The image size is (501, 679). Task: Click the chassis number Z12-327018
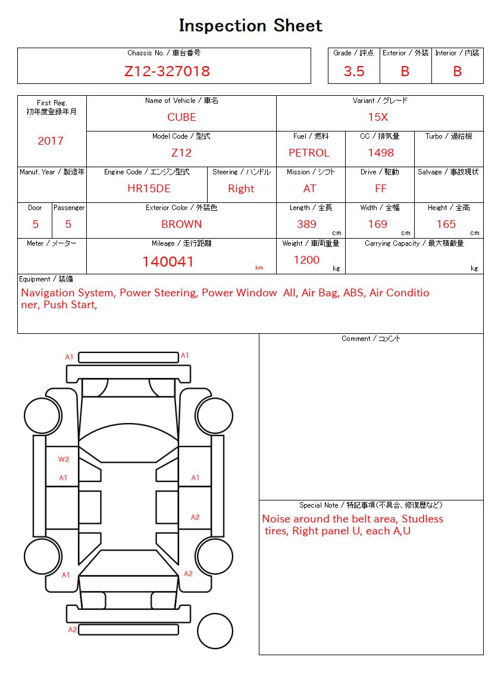pyautogui.click(x=167, y=71)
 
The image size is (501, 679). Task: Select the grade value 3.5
pyautogui.click(x=354, y=71)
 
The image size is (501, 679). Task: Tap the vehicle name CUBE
pyautogui.click(x=181, y=117)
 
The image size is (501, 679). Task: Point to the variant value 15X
pyautogui.click(x=378, y=117)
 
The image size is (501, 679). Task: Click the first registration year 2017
pyautogui.click(x=51, y=141)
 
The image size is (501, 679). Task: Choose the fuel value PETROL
pyautogui.click(x=309, y=153)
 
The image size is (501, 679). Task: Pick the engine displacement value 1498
pyautogui.click(x=381, y=153)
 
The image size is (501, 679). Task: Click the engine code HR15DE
pyautogui.click(x=149, y=189)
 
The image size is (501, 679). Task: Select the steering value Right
pyautogui.click(x=241, y=189)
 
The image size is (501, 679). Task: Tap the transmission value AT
pyautogui.click(x=310, y=189)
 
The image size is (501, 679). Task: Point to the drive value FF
pyautogui.click(x=381, y=189)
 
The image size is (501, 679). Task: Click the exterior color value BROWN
pyautogui.click(x=181, y=224)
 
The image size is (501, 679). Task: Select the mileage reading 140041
pyautogui.click(x=168, y=262)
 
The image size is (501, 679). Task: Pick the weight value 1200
pyautogui.click(x=306, y=260)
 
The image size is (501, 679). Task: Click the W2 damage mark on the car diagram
pyautogui.click(x=64, y=459)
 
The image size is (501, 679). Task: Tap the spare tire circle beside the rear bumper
pyautogui.click(x=215, y=631)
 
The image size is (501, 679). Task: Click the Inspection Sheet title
pyautogui.click(x=250, y=26)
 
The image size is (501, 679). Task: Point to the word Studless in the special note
pyautogui.click(x=422, y=519)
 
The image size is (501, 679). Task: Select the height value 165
pyautogui.click(x=446, y=224)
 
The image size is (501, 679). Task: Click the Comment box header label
pyautogui.click(x=371, y=339)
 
